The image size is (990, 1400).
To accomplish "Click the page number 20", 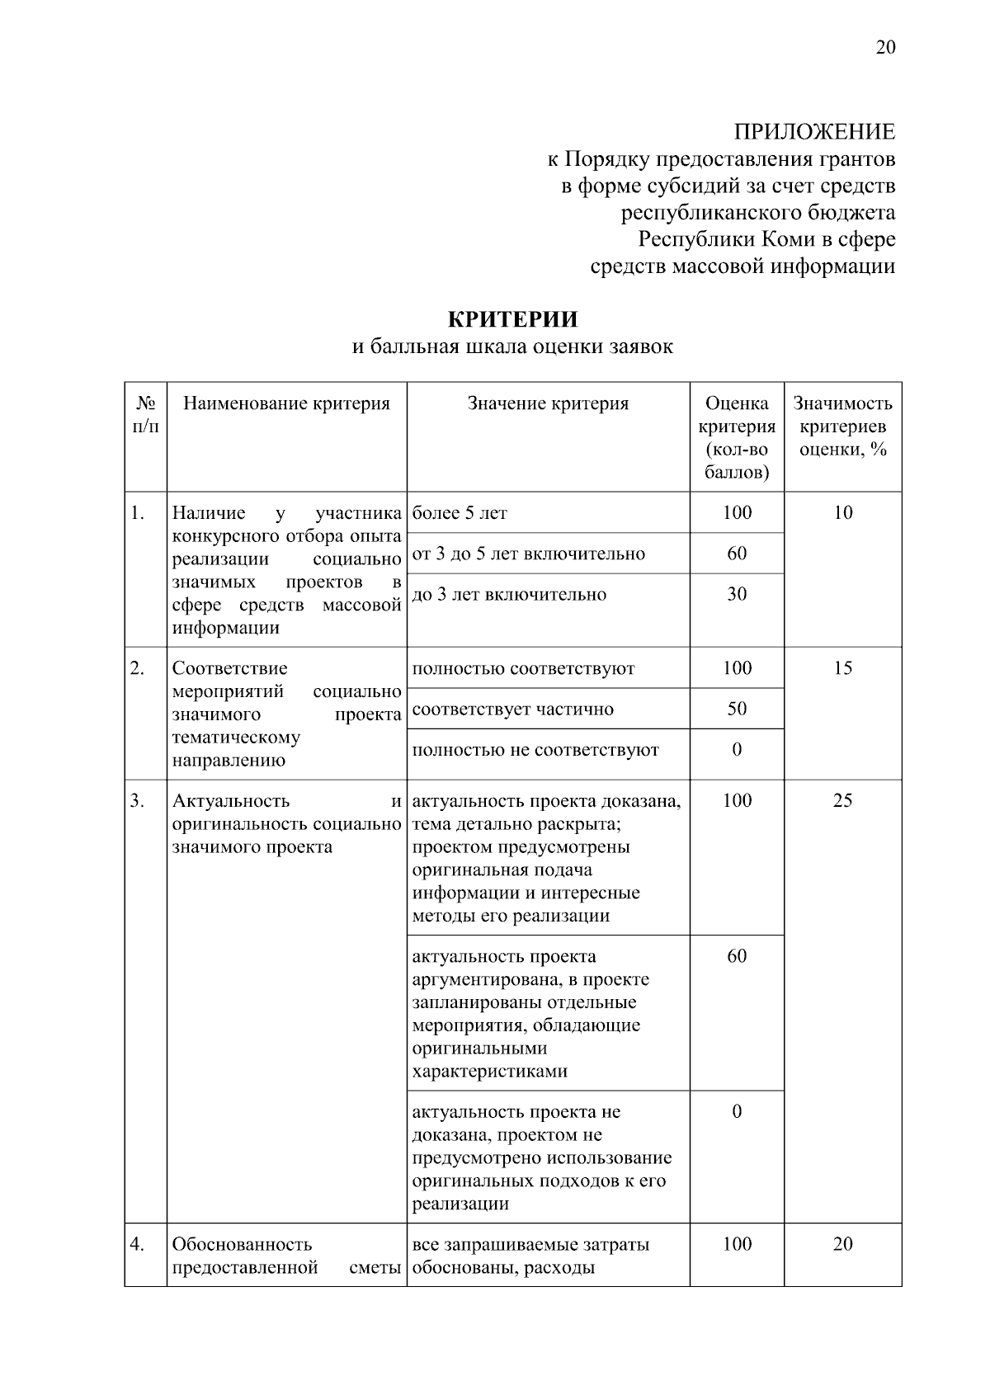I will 884,47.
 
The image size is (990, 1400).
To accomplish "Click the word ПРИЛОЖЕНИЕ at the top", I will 814,132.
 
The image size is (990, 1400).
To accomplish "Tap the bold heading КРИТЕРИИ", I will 512,319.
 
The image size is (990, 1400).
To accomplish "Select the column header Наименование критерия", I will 286,403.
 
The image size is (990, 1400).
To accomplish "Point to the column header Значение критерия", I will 548,403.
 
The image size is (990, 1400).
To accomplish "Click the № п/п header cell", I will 146,415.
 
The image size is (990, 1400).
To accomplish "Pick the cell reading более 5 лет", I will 460,513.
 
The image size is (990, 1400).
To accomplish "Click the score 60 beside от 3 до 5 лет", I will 737,554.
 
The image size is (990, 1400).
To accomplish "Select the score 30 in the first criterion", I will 737,594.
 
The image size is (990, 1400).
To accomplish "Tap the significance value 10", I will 842,513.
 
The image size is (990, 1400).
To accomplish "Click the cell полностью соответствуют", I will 523,668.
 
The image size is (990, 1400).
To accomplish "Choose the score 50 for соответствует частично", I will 737,709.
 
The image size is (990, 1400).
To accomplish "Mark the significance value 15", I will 842,668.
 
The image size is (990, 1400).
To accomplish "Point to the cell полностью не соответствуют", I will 535,750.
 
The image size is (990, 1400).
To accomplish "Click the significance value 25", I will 842,800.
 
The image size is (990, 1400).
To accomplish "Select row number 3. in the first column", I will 138,800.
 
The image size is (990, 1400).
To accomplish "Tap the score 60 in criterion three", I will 737,956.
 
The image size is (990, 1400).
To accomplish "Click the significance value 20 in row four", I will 842,1244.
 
